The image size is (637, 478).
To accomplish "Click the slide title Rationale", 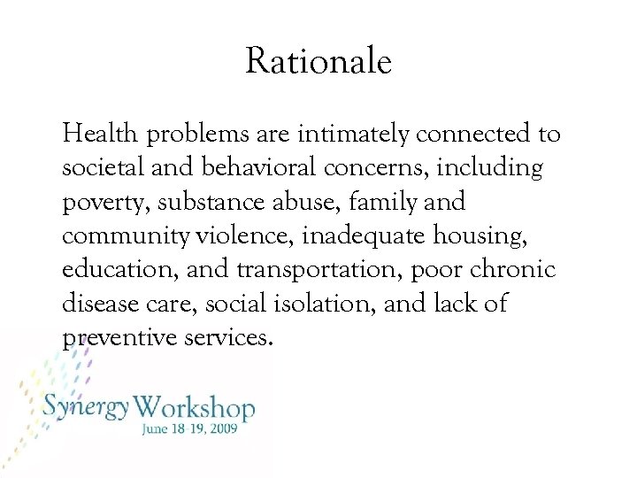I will [x=318, y=62].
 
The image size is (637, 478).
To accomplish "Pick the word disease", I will [x=99, y=303].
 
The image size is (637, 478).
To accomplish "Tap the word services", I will [x=230, y=336].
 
